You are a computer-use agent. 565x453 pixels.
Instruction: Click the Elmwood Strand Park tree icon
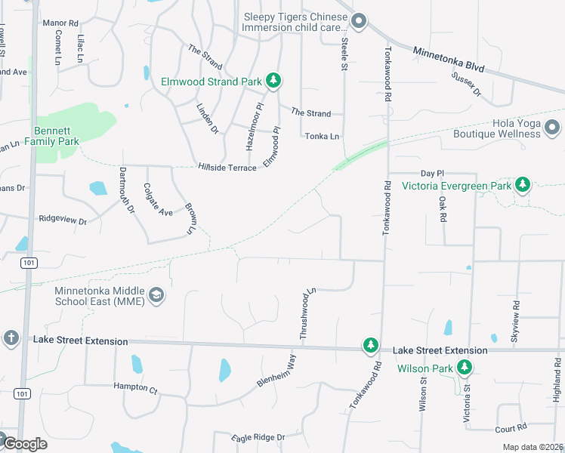click(273, 81)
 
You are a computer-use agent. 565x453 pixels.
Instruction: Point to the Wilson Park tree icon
click(465, 368)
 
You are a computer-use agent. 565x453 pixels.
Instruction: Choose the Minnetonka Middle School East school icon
click(156, 295)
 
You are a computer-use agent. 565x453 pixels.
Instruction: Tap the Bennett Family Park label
click(51, 135)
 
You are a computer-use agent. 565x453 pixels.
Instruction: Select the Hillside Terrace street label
click(227, 168)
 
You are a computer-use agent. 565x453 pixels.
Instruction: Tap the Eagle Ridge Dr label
click(258, 437)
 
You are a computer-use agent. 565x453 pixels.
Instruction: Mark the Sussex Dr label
click(466, 83)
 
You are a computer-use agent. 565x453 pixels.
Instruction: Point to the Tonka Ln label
click(322, 136)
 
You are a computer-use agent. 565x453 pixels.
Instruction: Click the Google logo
click(25, 444)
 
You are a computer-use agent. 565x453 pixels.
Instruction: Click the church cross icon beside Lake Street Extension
click(11, 337)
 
